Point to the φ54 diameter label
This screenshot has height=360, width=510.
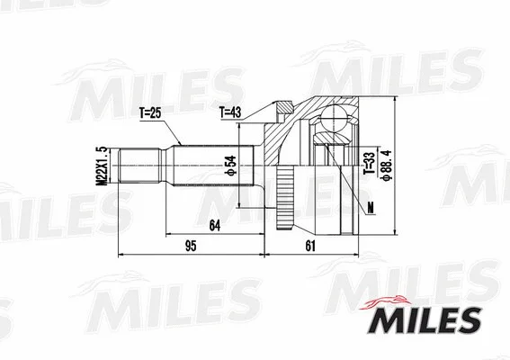231,166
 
